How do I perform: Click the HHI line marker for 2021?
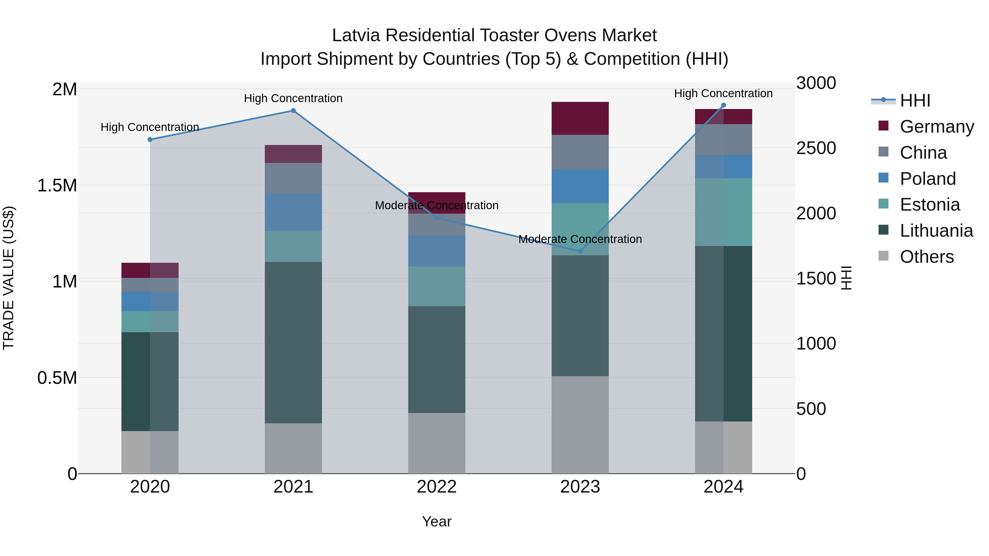click(293, 110)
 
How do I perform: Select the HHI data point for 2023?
click(580, 251)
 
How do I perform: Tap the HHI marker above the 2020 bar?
click(150, 140)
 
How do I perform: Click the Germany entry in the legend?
click(937, 127)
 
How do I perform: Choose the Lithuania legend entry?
click(936, 231)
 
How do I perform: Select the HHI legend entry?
click(915, 100)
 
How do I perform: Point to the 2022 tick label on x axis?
click(437, 487)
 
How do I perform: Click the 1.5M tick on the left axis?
click(57, 185)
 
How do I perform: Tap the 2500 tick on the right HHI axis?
click(816, 148)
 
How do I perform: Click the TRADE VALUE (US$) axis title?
click(9, 278)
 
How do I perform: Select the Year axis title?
click(437, 521)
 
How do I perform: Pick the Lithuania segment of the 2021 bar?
click(293, 342)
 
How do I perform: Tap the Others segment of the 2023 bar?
click(580, 424)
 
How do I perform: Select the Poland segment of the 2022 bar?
click(437, 251)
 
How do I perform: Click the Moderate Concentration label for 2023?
click(580, 239)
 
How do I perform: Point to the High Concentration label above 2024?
click(723, 93)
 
